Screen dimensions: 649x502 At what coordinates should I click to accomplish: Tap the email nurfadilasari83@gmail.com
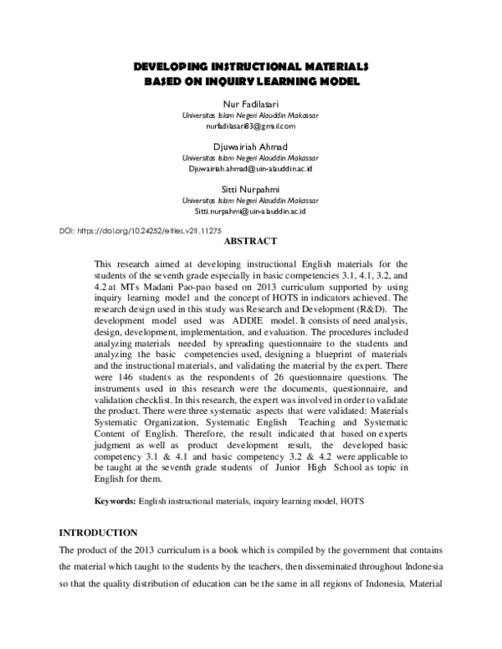click(251, 126)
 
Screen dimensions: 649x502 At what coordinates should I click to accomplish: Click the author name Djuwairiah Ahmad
click(251, 147)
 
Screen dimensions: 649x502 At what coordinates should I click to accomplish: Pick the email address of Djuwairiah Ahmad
click(251, 169)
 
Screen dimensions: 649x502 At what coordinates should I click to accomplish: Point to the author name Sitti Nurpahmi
click(251, 190)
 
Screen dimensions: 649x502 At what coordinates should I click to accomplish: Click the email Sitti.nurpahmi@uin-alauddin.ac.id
click(251, 212)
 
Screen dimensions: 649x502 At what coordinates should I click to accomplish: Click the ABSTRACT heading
click(251, 242)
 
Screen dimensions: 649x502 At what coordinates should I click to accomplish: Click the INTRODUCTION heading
click(97, 533)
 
